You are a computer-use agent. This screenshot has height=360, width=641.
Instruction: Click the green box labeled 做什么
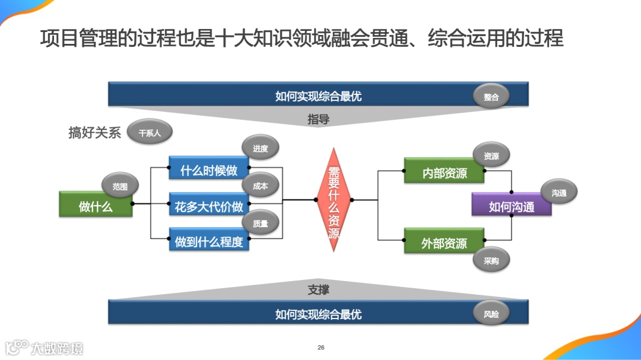coord(96,205)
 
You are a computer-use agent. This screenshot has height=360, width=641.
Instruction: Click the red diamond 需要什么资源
coord(334,200)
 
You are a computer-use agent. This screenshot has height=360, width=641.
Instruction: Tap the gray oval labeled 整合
coord(491,97)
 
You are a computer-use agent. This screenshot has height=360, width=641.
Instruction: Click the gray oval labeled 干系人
coord(150,133)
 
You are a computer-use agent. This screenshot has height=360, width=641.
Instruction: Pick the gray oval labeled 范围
coord(120,186)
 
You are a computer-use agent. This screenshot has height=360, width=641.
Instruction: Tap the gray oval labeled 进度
coord(260,149)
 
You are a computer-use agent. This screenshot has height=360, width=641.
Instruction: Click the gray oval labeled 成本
coord(260,186)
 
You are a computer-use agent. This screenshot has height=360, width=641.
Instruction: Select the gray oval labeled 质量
coord(260,224)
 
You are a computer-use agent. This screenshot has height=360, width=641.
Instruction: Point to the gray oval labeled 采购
coord(491,260)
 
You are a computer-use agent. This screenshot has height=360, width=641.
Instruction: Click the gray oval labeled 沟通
coord(559,192)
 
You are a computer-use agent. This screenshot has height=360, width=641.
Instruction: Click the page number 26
coord(321,348)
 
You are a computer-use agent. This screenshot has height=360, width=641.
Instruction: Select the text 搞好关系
coord(95,133)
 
